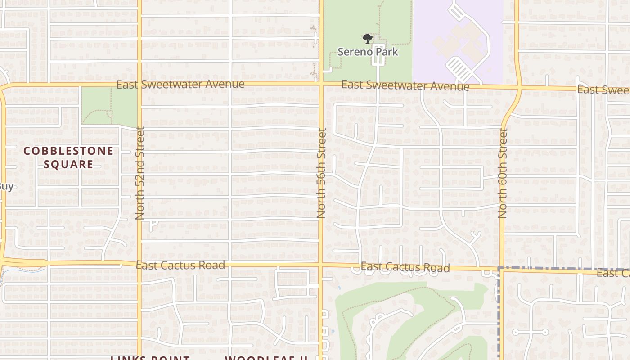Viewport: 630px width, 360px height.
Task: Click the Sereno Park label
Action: [x=368, y=52]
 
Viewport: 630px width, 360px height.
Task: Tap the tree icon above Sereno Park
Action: [x=368, y=39]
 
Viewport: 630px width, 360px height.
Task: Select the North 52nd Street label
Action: [x=140, y=173]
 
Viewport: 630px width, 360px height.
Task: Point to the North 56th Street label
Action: [x=321, y=173]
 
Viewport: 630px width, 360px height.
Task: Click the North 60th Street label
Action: [x=503, y=173]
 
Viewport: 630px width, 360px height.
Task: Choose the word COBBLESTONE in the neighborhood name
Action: [x=68, y=151]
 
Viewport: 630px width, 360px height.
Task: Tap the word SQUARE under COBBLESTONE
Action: [x=68, y=164]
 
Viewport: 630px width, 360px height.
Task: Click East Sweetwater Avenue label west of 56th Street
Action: [x=180, y=84]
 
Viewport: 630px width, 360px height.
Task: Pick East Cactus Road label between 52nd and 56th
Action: [x=180, y=265]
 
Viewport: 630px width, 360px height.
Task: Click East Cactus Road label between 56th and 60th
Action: [x=405, y=267]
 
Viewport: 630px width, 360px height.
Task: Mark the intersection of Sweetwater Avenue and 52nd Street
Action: [x=139, y=84]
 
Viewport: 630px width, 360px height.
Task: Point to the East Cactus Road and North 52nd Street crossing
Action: [x=139, y=263]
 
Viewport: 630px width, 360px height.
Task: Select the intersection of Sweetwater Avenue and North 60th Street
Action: [x=519, y=88]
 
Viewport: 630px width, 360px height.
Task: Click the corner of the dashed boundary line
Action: [x=499, y=269]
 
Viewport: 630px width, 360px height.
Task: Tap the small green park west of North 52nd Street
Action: [x=109, y=106]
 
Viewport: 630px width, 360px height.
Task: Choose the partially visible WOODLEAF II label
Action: [x=266, y=358]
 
